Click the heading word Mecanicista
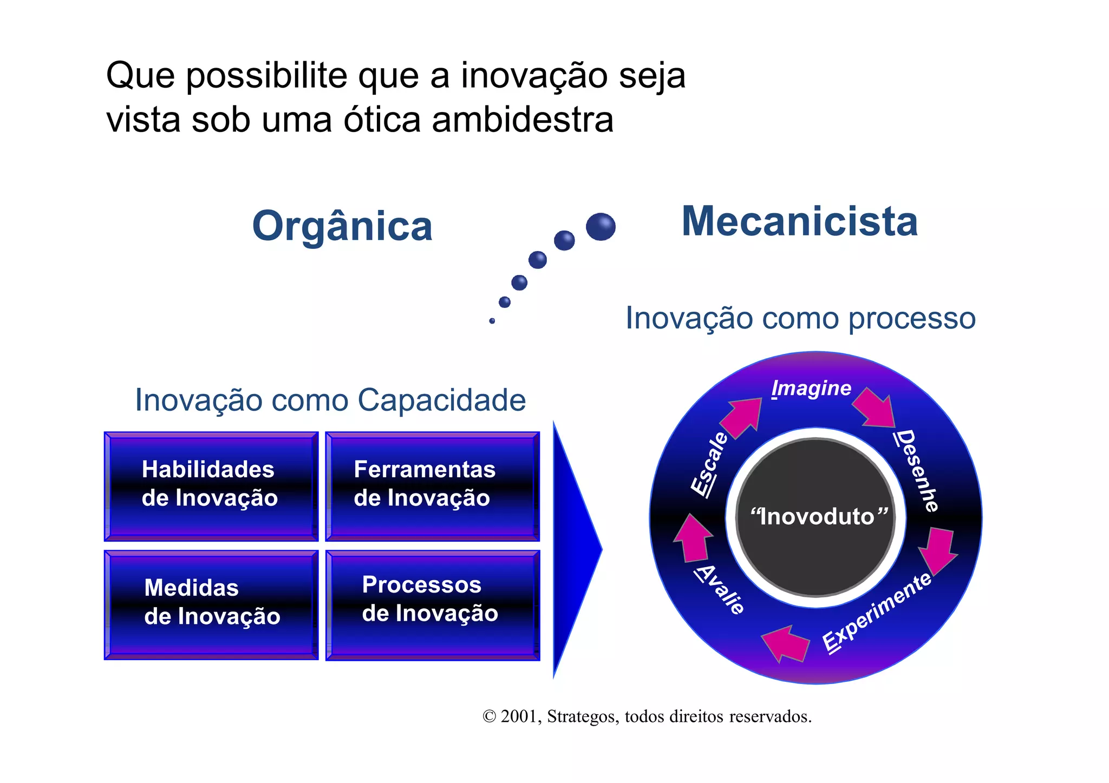click(799, 222)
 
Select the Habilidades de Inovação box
click(211, 485)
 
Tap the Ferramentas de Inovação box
click(432, 485)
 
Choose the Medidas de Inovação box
click(211, 604)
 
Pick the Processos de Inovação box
click(432, 604)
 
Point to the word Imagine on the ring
click(811, 389)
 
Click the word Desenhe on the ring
click(917, 470)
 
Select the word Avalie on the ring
click(721, 589)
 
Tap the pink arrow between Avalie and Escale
click(693, 538)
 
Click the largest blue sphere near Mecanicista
click(601, 227)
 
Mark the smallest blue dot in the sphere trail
click(492, 321)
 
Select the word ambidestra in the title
click(523, 120)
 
